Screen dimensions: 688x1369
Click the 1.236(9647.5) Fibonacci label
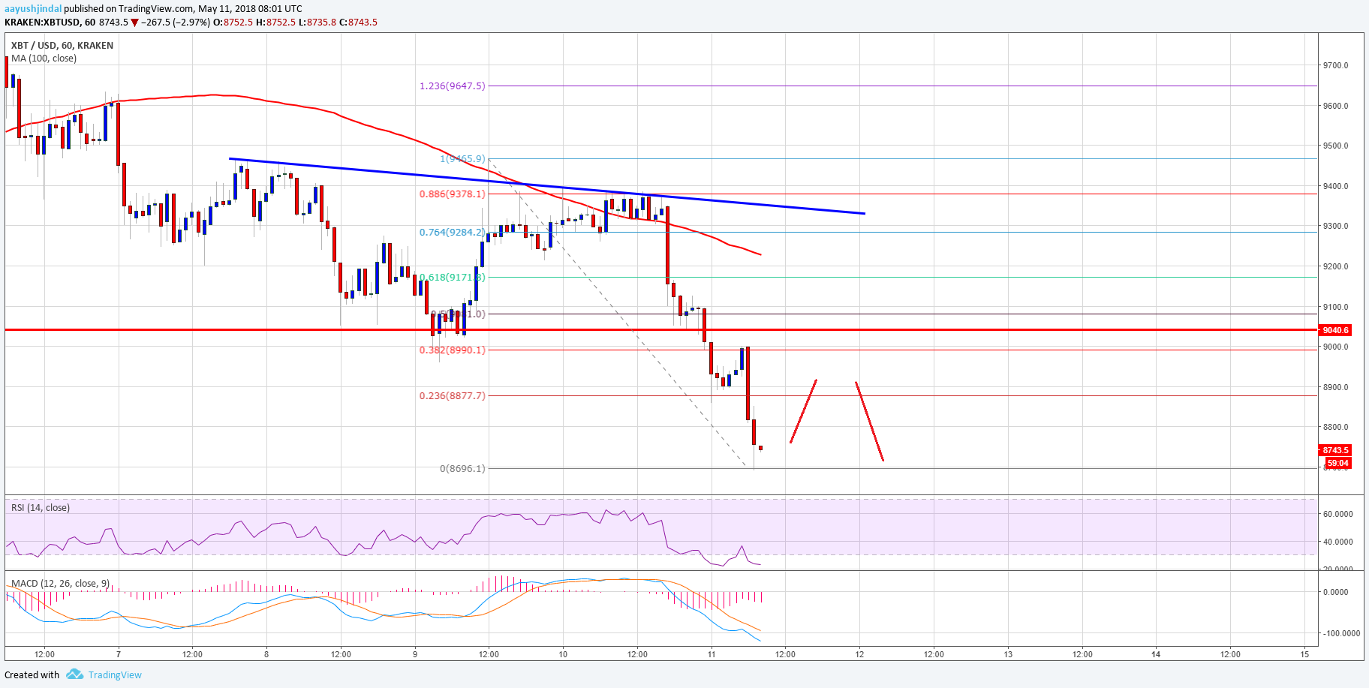pyautogui.click(x=452, y=86)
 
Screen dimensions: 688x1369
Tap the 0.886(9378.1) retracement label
pyautogui.click(x=452, y=194)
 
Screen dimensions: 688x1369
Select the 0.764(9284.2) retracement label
pyautogui.click(x=452, y=233)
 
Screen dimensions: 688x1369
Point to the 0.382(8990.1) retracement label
pyautogui.click(x=452, y=350)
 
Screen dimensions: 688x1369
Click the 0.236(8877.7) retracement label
pyautogui.click(x=452, y=395)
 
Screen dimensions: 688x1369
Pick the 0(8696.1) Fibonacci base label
pyautogui.click(x=462, y=468)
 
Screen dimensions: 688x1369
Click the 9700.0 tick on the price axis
pyautogui.click(x=1335, y=65)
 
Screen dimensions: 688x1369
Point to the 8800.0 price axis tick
pyautogui.click(x=1335, y=427)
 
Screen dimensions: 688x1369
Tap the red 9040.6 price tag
pyautogui.click(x=1335, y=330)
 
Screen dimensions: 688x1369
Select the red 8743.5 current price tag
pyautogui.click(x=1335, y=450)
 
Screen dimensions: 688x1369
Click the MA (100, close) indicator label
pyautogui.click(x=44, y=59)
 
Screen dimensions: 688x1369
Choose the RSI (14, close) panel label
pyautogui.click(x=41, y=508)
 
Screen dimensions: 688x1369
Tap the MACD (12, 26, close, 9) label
pyautogui.click(x=61, y=583)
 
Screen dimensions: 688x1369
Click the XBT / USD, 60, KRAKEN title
pyautogui.click(x=62, y=45)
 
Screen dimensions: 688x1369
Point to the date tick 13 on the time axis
pyautogui.click(x=1008, y=654)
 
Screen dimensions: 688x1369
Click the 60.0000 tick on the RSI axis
pyautogui.click(x=1337, y=514)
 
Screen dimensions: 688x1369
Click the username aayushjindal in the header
pyautogui.click(x=33, y=9)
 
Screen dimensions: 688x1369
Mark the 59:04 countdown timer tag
pyautogui.click(x=1337, y=463)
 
